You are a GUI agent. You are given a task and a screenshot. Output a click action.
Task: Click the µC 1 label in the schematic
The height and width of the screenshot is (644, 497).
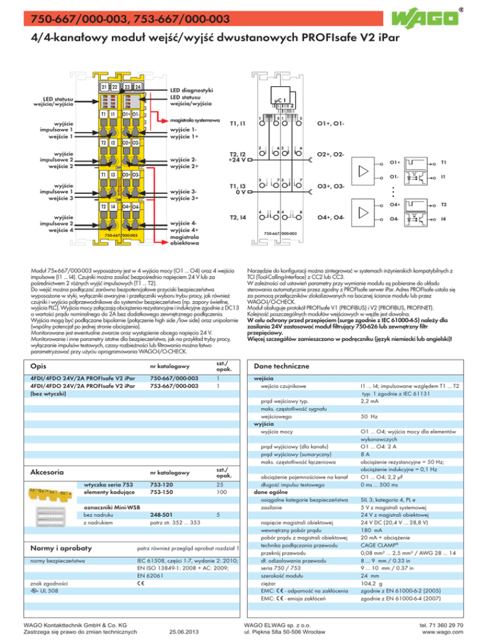pos(281,100)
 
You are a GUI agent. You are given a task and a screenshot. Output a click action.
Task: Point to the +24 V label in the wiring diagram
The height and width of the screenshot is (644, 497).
pos(232,159)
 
